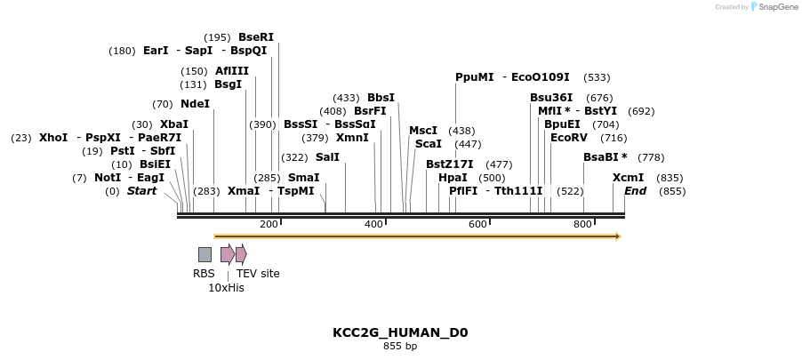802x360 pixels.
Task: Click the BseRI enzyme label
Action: (x=256, y=37)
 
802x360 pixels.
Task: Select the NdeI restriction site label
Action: (x=195, y=104)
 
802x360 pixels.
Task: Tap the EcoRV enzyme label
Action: (x=569, y=138)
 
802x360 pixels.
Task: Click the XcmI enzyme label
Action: (x=628, y=178)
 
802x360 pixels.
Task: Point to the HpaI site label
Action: (x=453, y=178)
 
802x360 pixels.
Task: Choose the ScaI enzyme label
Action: (x=429, y=144)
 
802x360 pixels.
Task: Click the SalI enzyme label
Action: (x=327, y=157)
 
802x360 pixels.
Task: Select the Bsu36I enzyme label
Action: (x=551, y=98)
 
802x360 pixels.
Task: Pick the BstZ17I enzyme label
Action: (x=449, y=164)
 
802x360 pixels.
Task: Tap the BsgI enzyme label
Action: (x=228, y=84)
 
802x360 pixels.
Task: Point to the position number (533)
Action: (x=597, y=77)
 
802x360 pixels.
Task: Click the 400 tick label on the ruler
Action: (x=374, y=225)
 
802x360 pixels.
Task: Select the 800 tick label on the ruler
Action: (x=582, y=225)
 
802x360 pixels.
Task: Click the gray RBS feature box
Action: (x=205, y=255)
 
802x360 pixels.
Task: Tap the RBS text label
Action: (x=204, y=274)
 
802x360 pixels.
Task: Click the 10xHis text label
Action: (x=226, y=288)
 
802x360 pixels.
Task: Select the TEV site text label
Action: (x=258, y=274)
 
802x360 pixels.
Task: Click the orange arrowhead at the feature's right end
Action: (x=617, y=236)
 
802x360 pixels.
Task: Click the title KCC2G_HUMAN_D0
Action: (x=400, y=333)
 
